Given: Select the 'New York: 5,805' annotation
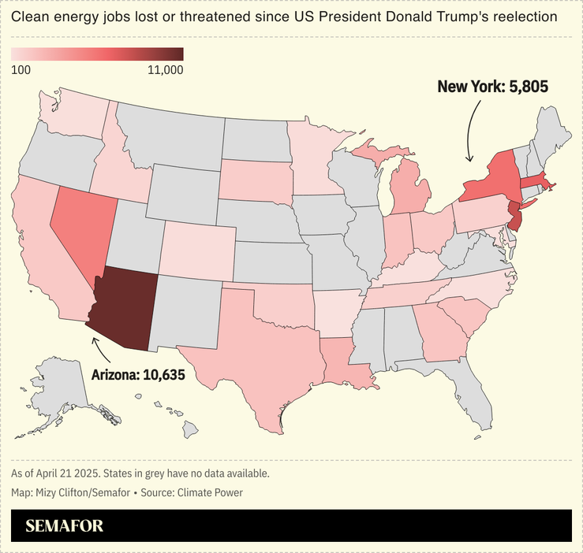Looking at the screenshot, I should [x=492, y=87].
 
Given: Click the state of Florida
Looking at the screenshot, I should [x=465, y=386].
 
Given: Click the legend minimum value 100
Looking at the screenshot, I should [x=21, y=69].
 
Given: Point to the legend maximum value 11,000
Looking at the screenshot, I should [x=165, y=69].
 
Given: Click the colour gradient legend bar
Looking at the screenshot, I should [x=97, y=54].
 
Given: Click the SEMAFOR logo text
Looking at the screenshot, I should [x=64, y=525].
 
